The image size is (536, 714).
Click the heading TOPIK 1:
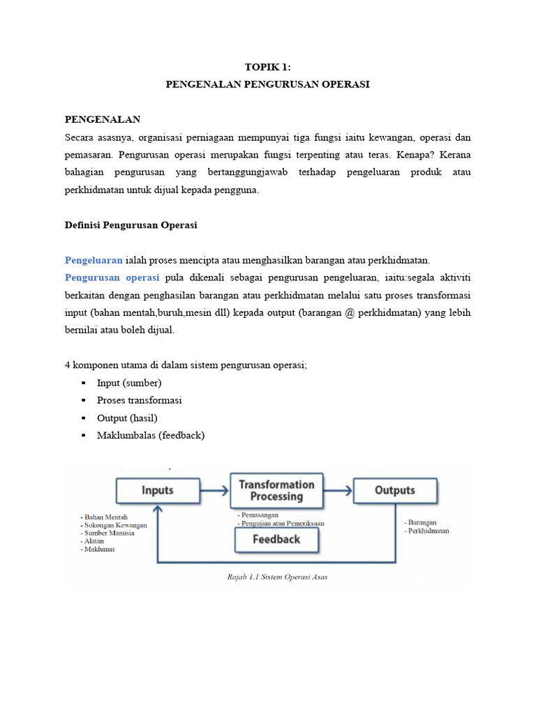[267, 67]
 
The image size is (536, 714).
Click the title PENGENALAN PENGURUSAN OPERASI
[267, 84]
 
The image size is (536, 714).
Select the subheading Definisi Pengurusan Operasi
[131, 225]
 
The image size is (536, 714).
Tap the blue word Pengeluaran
[94, 260]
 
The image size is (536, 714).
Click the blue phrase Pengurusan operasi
[112, 278]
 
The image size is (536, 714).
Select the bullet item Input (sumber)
[129, 383]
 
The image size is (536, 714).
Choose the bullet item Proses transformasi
[140, 400]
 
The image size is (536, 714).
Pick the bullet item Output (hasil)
[127, 418]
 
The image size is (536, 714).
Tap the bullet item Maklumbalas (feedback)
[151, 435]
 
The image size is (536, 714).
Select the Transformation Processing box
[276, 490]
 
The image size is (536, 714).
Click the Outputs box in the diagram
[395, 490]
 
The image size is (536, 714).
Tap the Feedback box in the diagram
[276, 539]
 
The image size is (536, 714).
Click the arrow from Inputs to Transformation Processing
[214, 490]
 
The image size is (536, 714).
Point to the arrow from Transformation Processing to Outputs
[338, 490]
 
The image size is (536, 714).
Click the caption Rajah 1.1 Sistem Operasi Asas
[277, 577]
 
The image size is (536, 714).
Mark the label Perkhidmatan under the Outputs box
[428, 531]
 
